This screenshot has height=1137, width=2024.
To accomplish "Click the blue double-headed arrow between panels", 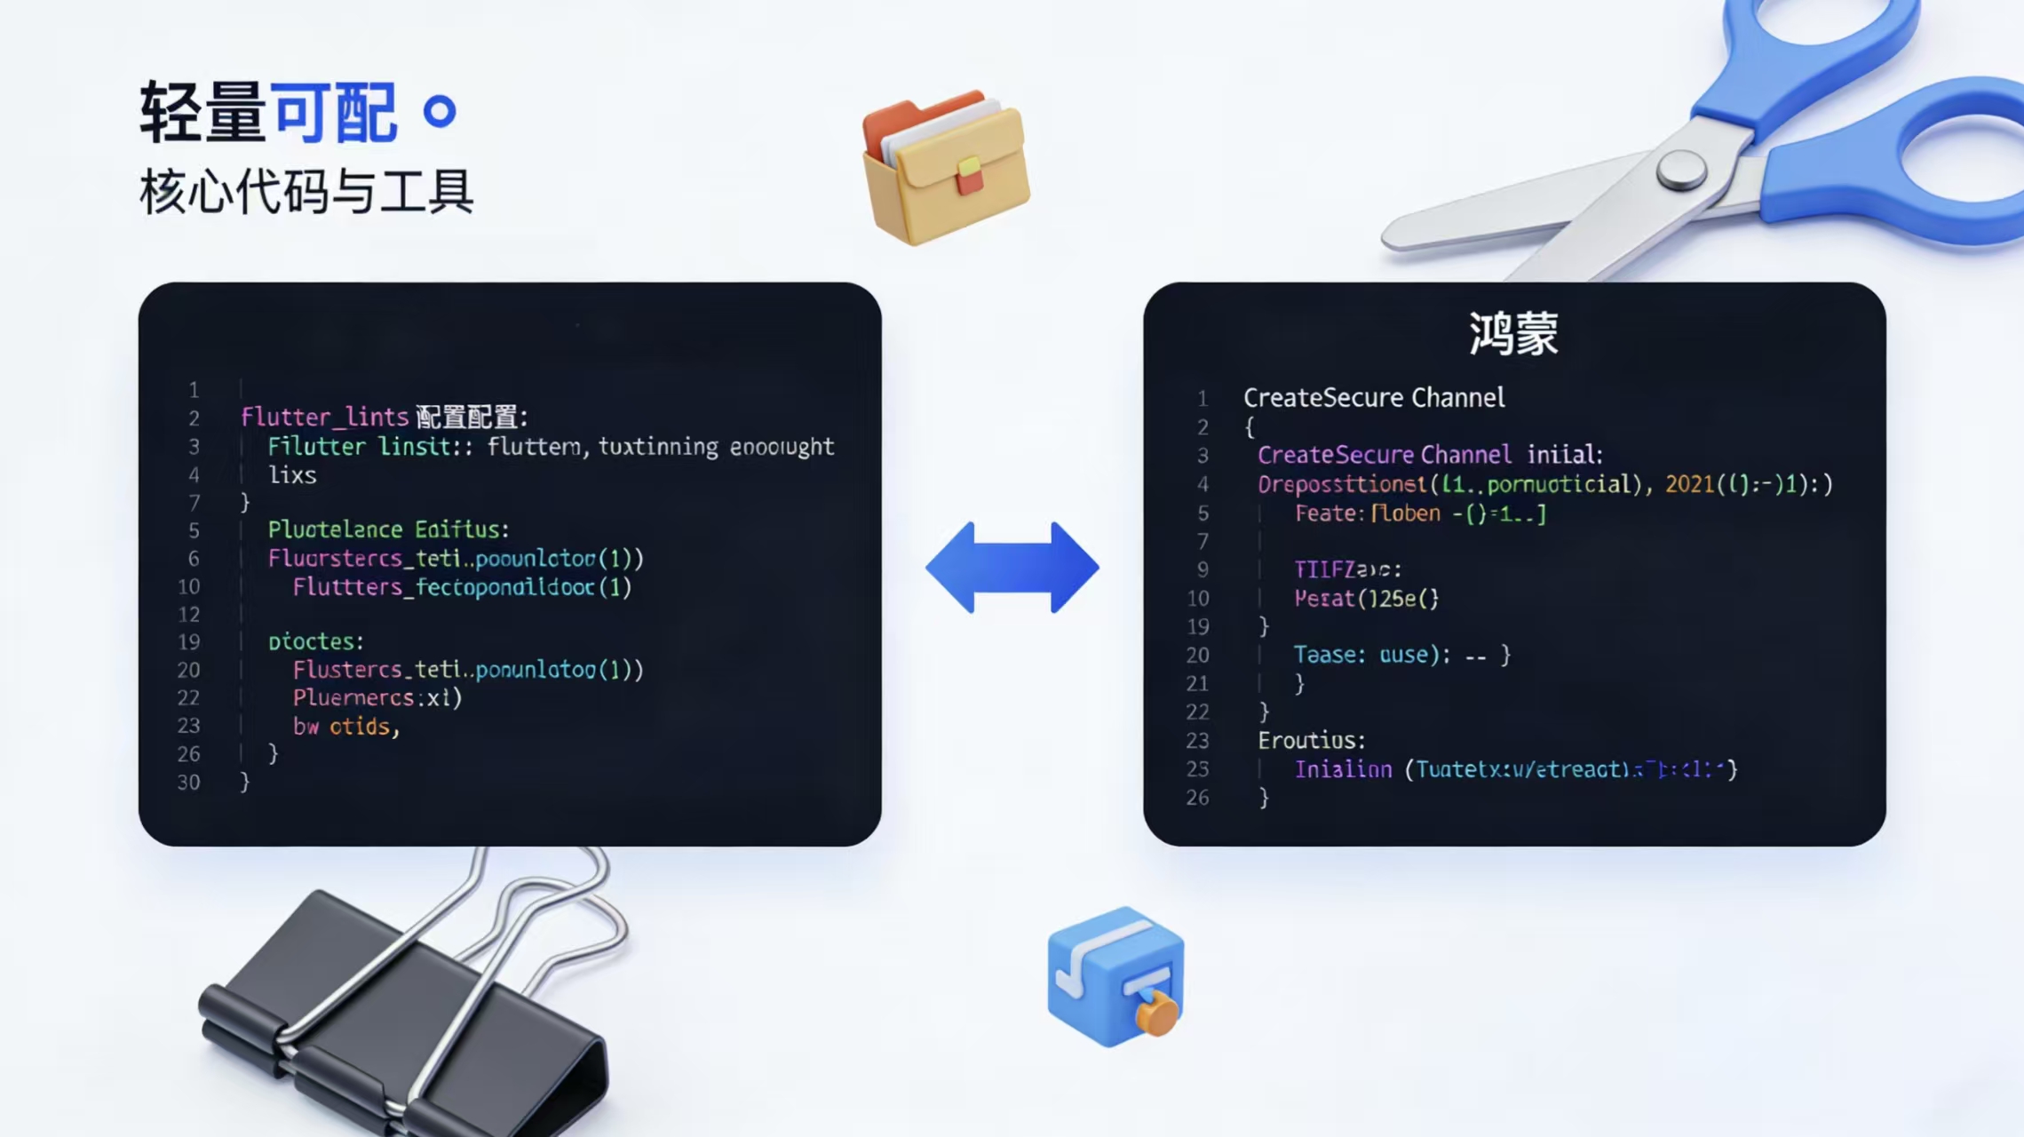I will pyautogui.click(x=1012, y=567).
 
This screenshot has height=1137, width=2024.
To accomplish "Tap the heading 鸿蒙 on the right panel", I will pyautogui.click(x=1513, y=334).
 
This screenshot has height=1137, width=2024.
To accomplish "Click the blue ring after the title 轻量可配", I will pyautogui.click(x=440, y=112).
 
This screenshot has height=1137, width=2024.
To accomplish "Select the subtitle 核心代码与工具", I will pyautogui.click(x=306, y=192).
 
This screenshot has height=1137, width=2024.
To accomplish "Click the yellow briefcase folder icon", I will pyautogui.click(x=947, y=169).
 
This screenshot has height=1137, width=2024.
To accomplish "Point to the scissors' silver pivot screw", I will pyautogui.click(x=1680, y=169).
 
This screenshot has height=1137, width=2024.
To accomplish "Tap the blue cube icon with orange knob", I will pyautogui.click(x=1115, y=977).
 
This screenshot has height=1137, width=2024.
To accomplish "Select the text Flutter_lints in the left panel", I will pyautogui.click(x=324, y=417).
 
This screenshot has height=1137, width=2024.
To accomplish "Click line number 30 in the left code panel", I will pyautogui.click(x=188, y=783).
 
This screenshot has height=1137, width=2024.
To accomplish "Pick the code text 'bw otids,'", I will pyautogui.click(x=346, y=727).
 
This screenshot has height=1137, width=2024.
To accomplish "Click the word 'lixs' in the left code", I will pyautogui.click(x=292, y=475).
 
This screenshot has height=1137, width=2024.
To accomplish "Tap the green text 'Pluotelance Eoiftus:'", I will pyautogui.click(x=388, y=530).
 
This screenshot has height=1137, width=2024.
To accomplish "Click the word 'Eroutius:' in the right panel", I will pyautogui.click(x=1311, y=740).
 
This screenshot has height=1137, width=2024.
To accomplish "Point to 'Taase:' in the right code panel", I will pyautogui.click(x=1329, y=655).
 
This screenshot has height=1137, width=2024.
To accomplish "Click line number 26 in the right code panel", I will pyautogui.click(x=1197, y=798).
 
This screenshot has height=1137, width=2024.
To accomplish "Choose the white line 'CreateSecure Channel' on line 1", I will pyautogui.click(x=1374, y=398).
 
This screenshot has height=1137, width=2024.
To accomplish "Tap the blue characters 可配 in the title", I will pyautogui.click(x=333, y=112).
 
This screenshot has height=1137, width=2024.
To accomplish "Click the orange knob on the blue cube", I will pyautogui.click(x=1156, y=1014).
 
